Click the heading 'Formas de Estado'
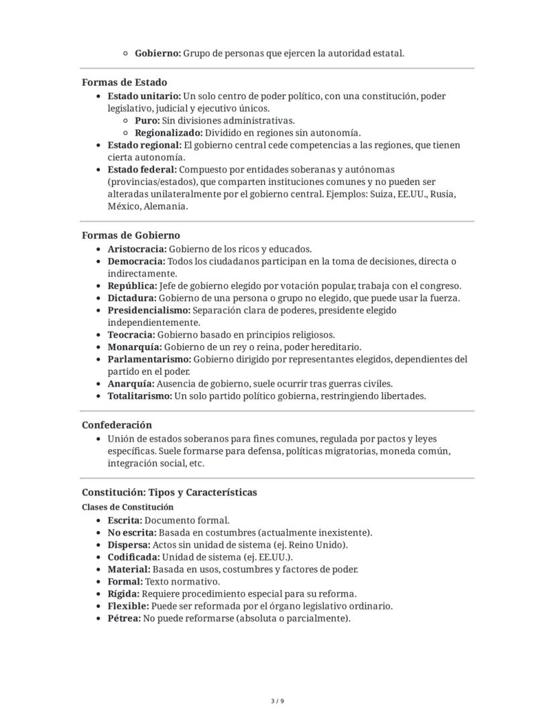click(x=124, y=82)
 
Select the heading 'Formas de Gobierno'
click(x=131, y=235)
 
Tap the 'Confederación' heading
click(x=117, y=425)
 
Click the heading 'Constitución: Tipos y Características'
click(x=169, y=492)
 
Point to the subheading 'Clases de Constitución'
click(x=127, y=507)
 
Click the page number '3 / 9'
click(x=277, y=701)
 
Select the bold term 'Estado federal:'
click(x=142, y=170)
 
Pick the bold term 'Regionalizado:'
click(x=168, y=133)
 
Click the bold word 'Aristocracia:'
click(x=137, y=249)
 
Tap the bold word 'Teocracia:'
click(x=131, y=335)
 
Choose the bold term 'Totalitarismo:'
click(x=139, y=396)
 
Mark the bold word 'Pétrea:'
click(x=124, y=618)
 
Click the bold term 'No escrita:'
click(x=132, y=532)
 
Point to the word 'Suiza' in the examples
click(x=383, y=194)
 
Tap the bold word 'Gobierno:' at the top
click(x=158, y=53)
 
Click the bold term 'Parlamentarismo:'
click(x=149, y=359)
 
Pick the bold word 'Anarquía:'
click(x=131, y=384)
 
